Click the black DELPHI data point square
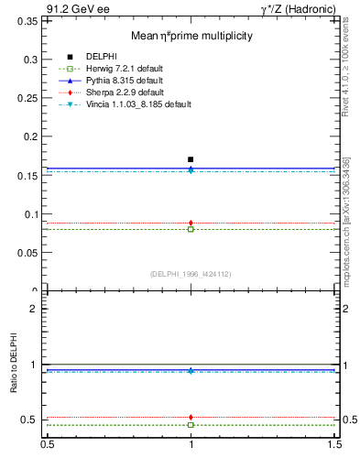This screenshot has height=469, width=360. [191, 159]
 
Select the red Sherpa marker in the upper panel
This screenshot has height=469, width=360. [191, 223]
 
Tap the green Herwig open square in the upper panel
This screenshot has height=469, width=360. [191, 229]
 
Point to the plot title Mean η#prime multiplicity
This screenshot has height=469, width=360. [191, 36]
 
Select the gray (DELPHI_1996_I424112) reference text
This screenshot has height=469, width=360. [191, 273]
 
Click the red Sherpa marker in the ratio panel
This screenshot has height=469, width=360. [191, 417]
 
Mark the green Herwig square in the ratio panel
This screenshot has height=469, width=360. [191, 425]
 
